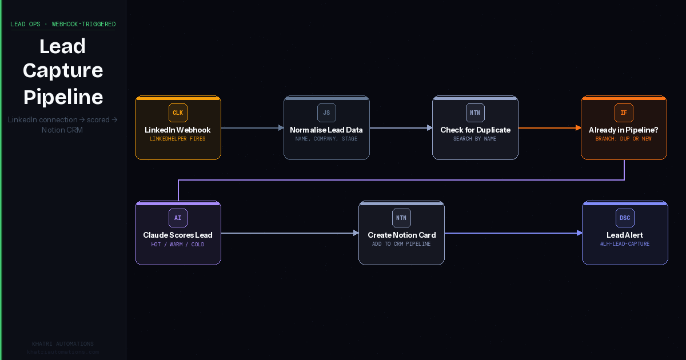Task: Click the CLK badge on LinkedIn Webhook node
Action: click(178, 113)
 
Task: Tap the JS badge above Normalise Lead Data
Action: click(326, 113)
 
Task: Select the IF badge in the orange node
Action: click(624, 113)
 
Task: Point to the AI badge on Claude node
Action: click(178, 218)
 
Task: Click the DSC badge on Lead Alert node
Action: click(625, 218)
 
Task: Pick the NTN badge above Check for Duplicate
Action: click(475, 113)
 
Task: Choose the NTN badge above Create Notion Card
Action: click(401, 218)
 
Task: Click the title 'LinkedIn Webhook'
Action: click(178, 130)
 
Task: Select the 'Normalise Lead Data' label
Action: click(326, 130)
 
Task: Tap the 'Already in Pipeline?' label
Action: click(624, 130)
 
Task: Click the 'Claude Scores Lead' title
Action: click(178, 235)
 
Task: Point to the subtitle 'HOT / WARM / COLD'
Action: click(178, 245)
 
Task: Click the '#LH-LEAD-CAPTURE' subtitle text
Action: click(625, 244)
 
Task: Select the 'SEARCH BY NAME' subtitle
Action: click(475, 139)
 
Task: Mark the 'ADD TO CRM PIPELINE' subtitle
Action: click(401, 244)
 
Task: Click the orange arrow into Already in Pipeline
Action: click(549, 128)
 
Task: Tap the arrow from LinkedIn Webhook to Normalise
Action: click(252, 128)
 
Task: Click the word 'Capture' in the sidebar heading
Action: click(63, 71)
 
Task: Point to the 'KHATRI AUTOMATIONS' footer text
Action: click(63, 344)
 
